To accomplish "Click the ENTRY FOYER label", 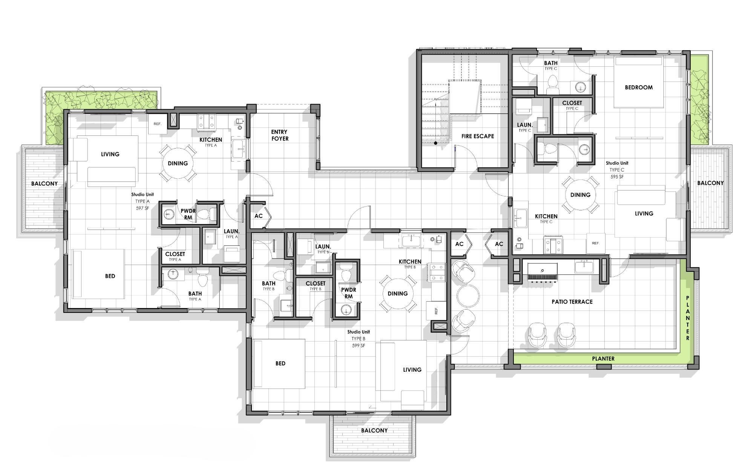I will coord(279,135).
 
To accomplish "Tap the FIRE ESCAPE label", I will coord(477,136).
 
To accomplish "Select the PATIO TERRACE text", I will coord(572,302).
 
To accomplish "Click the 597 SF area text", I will coord(143,208).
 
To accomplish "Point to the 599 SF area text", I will coord(358,345).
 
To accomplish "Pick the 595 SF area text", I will coord(617,176).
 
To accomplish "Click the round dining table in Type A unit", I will coord(178,163).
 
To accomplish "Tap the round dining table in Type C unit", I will coord(580,195).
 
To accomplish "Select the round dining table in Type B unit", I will coord(397,293).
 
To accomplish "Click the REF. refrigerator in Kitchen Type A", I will coord(158,124).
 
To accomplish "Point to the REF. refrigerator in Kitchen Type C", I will coord(596,243).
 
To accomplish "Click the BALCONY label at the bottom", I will coord(374,430).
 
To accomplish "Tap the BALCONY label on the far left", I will coord(44,184).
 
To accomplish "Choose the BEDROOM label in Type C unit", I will coord(639,87).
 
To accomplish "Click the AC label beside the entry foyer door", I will coord(258,216).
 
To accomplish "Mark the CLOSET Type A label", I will coord(175,254).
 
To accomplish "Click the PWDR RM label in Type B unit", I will coord(348,293).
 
